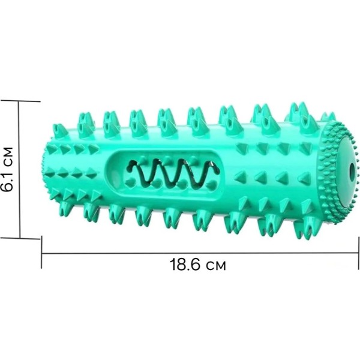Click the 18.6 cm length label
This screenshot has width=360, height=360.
(197, 265)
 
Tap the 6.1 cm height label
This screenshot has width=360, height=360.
(7, 169)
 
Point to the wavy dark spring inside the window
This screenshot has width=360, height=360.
(172, 172)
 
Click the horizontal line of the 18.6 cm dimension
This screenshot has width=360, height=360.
(200, 253)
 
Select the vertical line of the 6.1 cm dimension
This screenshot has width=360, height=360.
(19, 169)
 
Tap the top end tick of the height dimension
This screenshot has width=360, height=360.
(20, 101)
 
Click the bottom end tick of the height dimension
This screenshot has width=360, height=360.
(20, 238)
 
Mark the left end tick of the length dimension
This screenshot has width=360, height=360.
(41, 252)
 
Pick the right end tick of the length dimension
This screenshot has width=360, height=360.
(359, 253)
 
